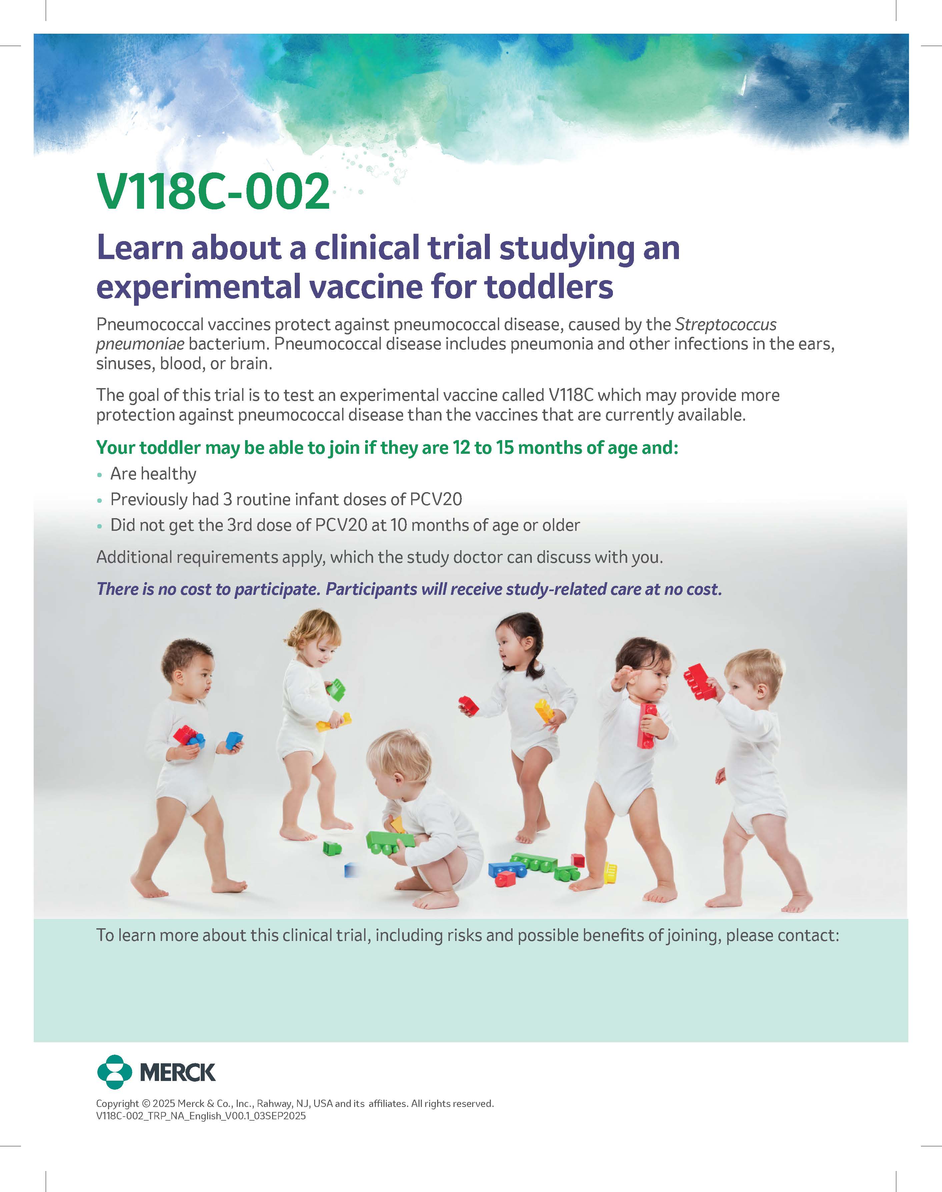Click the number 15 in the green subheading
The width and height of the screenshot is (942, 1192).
pyautogui.click(x=504, y=448)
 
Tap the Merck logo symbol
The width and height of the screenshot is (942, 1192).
pyautogui.click(x=114, y=1072)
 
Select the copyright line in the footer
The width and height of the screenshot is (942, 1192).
pyautogui.click(x=294, y=1103)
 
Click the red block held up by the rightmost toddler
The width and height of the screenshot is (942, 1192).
pyautogui.click(x=699, y=682)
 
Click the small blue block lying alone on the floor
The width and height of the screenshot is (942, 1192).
pyautogui.click(x=351, y=870)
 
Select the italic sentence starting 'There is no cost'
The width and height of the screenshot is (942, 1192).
pyautogui.click(x=409, y=589)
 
